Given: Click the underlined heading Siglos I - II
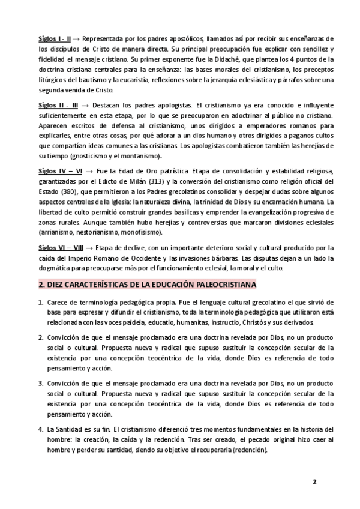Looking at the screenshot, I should pyautogui.click(x=55, y=38).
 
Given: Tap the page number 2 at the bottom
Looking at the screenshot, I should pyautogui.click(x=314, y=482).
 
